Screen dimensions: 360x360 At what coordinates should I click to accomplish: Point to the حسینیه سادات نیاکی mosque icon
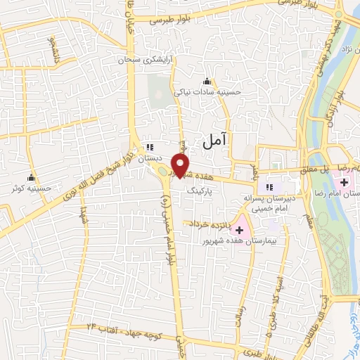(206, 81)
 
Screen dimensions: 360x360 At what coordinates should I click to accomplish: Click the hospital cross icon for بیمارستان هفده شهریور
(241, 229)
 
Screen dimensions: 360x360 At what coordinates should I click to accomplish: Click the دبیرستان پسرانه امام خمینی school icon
(268, 187)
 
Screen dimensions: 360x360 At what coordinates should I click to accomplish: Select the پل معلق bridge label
(313, 169)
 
